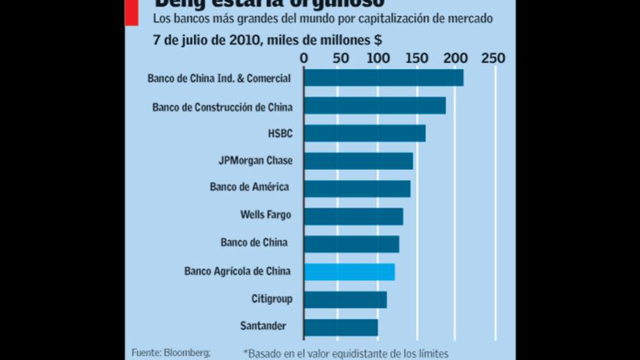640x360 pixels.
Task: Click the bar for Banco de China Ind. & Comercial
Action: click(x=384, y=78)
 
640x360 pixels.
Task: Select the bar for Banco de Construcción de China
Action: click(x=375, y=106)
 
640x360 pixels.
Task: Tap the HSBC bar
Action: click(x=364, y=134)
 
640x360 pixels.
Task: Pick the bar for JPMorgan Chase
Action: click(x=359, y=161)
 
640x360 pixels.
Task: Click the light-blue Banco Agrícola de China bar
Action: click(x=349, y=271)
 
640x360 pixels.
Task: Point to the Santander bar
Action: click(x=341, y=326)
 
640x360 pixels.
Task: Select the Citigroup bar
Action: click(x=345, y=299)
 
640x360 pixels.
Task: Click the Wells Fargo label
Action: click(x=266, y=214)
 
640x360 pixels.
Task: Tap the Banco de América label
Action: click(x=249, y=187)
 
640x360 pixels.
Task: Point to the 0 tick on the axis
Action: click(x=304, y=57)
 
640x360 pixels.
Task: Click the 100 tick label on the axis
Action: click(x=379, y=57)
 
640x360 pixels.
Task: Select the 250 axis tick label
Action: click(x=493, y=57)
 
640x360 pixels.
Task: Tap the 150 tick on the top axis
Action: click(x=416, y=57)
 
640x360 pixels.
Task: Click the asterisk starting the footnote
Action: click(x=246, y=351)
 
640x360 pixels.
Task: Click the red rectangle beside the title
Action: click(x=131, y=13)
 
